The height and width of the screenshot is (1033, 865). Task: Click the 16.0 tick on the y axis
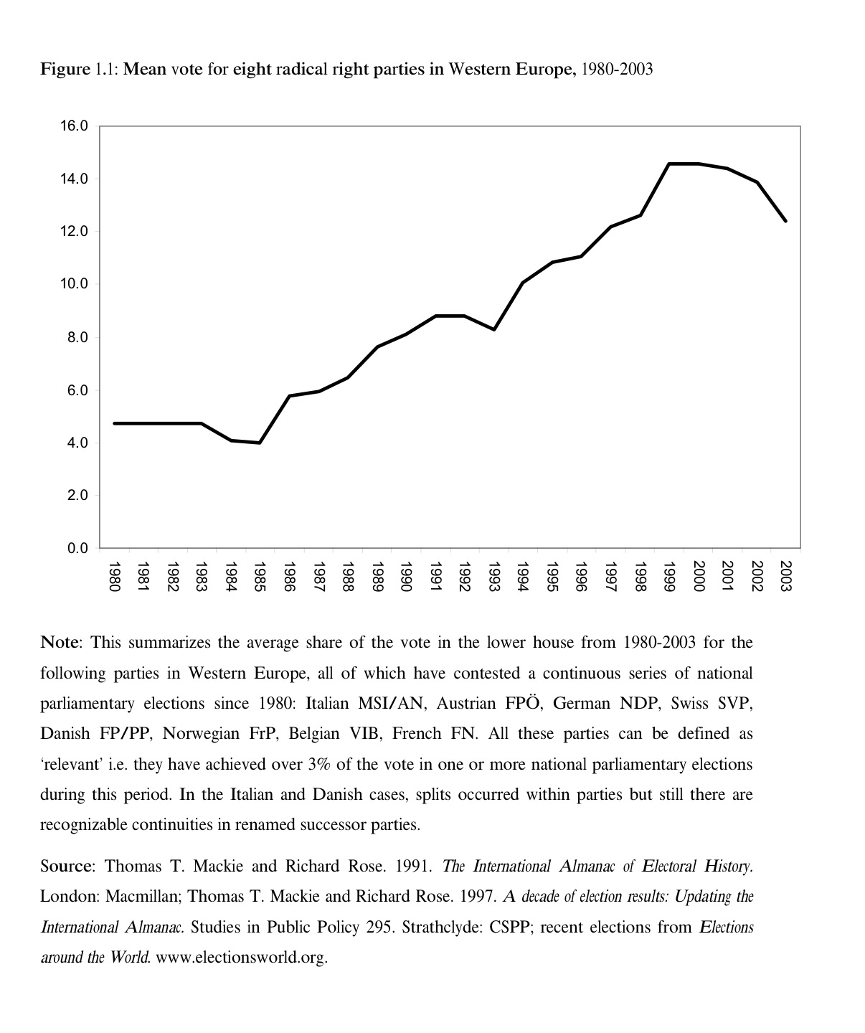tap(74, 126)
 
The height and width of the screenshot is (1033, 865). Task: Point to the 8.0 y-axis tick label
tap(76, 337)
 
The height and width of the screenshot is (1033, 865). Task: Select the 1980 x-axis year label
tap(113, 577)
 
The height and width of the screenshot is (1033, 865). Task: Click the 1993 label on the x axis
tap(493, 577)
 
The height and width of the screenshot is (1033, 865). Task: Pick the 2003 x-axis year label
tap(785, 577)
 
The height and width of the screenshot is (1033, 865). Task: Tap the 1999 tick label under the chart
tap(668, 577)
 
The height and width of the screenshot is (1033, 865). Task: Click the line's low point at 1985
tap(260, 443)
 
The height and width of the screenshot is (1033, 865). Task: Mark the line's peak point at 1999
tap(668, 164)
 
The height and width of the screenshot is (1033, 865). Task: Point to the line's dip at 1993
tap(493, 329)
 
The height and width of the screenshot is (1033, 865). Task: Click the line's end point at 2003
tap(785, 221)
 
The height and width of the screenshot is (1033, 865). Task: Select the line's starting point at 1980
tap(114, 423)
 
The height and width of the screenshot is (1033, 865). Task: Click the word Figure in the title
tap(65, 70)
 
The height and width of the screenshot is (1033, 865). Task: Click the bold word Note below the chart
tap(62, 642)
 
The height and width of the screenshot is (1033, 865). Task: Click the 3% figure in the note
tap(318, 764)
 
